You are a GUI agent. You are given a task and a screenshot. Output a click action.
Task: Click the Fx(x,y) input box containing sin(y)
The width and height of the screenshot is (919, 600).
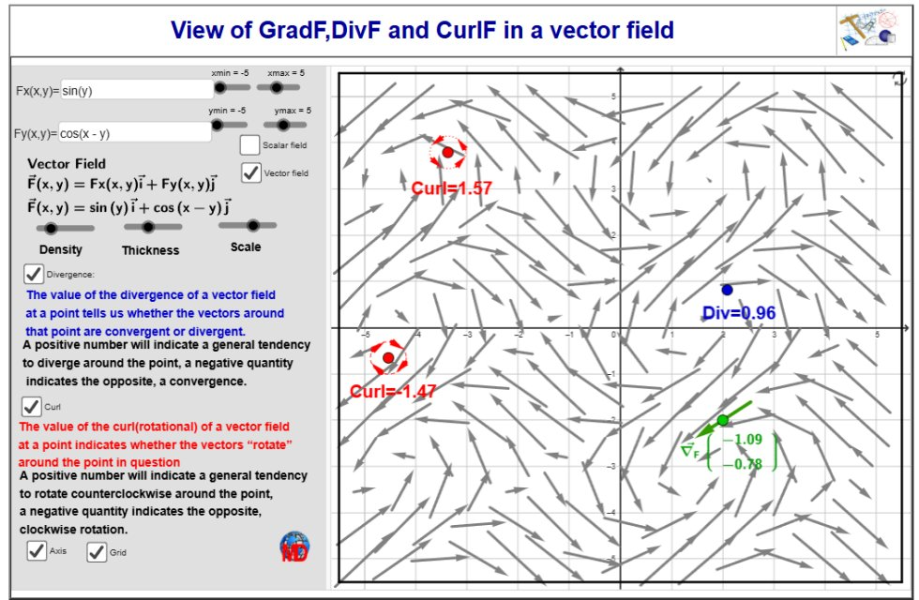pyautogui.click(x=137, y=90)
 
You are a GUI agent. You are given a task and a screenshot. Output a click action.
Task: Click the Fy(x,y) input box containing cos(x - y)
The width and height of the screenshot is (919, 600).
pyautogui.click(x=135, y=132)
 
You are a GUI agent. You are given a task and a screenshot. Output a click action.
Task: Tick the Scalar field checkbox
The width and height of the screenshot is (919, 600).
pyautogui.click(x=249, y=144)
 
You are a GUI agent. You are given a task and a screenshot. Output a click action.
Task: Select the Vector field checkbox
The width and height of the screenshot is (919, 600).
pyautogui.click(x=251, y=172)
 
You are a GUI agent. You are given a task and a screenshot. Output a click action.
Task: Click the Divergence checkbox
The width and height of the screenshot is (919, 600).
pyautogui.click(x=34, y=274)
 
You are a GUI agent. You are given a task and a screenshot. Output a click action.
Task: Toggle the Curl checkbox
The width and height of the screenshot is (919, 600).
pyautogui.click(x=31, y=406)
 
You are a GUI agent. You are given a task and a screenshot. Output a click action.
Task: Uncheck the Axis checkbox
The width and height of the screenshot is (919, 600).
pyautogui.click(x=37, y=551)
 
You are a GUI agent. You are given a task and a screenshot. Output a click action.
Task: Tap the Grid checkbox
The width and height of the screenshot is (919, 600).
pyautogui.click(x=97, y=552)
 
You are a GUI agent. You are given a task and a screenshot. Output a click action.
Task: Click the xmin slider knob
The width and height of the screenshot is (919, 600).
pyautogui.click(x=219, y=88)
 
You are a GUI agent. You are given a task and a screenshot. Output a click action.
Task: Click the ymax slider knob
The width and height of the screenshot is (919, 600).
pyautogui.click(x=283, y=125)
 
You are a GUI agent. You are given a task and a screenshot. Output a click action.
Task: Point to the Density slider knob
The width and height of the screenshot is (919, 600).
pyautogui.click(x=51, y=229)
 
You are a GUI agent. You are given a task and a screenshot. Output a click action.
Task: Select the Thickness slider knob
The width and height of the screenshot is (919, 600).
pyautogui.click(x=148, y=227)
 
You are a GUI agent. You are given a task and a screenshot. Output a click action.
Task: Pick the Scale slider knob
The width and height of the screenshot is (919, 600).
pyautogui.click(x=253, y=225)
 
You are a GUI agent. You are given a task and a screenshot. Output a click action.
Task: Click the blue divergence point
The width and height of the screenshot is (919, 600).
pyautogui.click(x=728, y=290)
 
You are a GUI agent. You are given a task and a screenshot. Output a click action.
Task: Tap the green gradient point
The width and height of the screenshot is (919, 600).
pyautogui.click(x=723, y=420)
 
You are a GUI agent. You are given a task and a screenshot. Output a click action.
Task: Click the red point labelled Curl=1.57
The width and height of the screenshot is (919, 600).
pyautogui.click(x=448, y=152)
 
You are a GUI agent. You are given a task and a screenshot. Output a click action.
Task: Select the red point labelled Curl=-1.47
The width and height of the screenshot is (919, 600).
pyautogui.click(x=388, y=357)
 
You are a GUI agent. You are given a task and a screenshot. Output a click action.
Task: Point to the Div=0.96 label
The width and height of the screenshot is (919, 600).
pyautogui.click(x=739, y=313)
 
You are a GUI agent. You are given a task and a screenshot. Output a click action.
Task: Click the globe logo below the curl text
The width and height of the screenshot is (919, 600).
pyautogui.click(x=294, y=547)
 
